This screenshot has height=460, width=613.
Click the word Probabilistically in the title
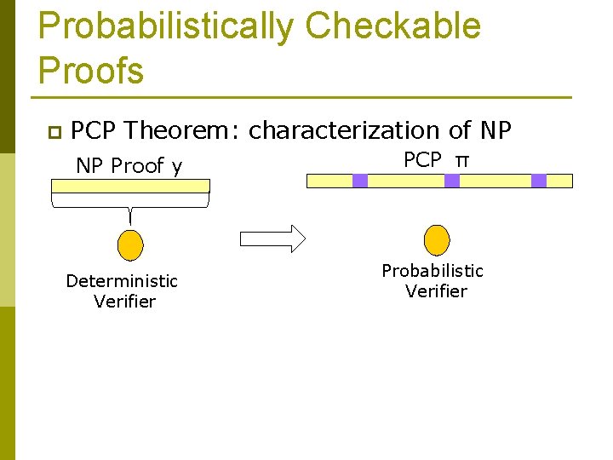click(166, 26)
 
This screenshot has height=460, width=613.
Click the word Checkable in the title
click(392, 26)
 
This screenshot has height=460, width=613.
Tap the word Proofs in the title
click(91, 70)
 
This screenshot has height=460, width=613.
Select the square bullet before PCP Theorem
click(53, 132)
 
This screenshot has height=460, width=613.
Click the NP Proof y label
click(129, 166)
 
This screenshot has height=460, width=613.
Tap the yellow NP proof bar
click(129, 185)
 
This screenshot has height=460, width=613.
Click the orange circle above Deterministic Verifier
click(129, 244)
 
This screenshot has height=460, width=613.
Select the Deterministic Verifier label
click(123, 290)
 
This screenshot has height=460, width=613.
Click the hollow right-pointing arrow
click(272, 239)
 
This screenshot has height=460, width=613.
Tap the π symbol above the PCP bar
click(462, 160)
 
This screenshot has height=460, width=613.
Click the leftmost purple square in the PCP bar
click(360, 181)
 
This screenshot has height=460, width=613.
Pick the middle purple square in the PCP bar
click(452, 181)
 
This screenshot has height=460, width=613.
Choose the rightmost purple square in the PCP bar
click(539, 181)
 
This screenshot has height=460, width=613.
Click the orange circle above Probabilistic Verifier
click(437, 239)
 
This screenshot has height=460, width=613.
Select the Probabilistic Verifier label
click(433, 280)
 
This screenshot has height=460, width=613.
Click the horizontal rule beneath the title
click(305, 97)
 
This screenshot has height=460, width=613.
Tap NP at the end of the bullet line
click(496, 130)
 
